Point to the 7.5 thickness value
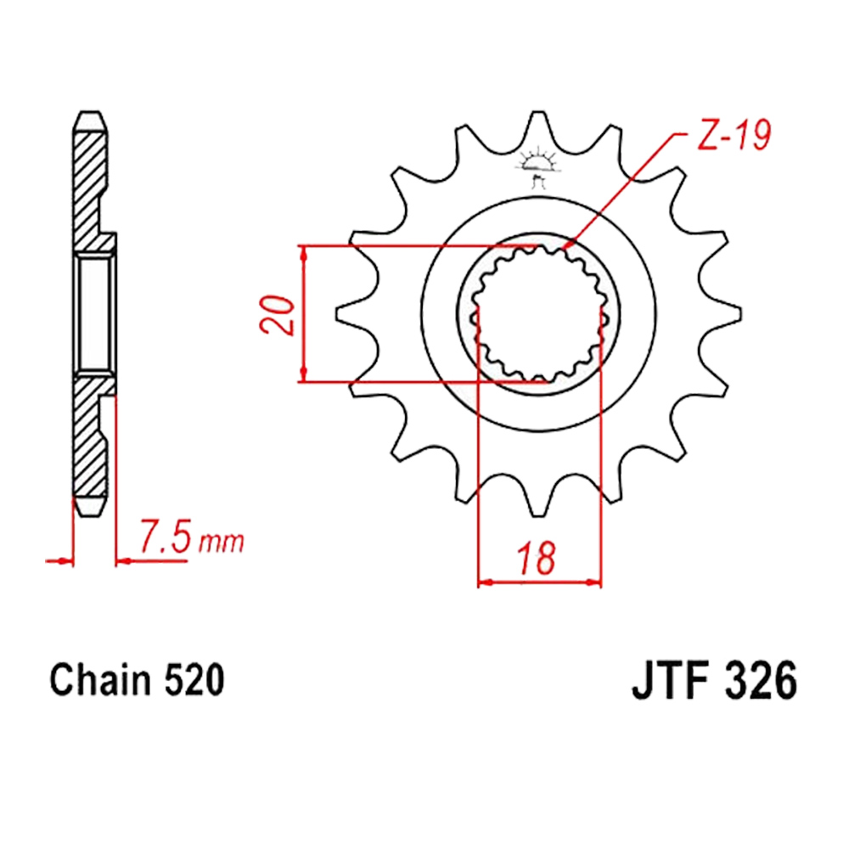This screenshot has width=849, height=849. pos(166,536)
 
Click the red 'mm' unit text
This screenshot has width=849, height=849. pos(221,542)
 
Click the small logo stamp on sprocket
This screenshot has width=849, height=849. pos(537,166)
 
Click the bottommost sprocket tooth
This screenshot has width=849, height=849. pos(538,499)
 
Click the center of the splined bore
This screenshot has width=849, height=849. pos(538,314)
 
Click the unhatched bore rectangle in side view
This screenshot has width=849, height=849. pos(95,314)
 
